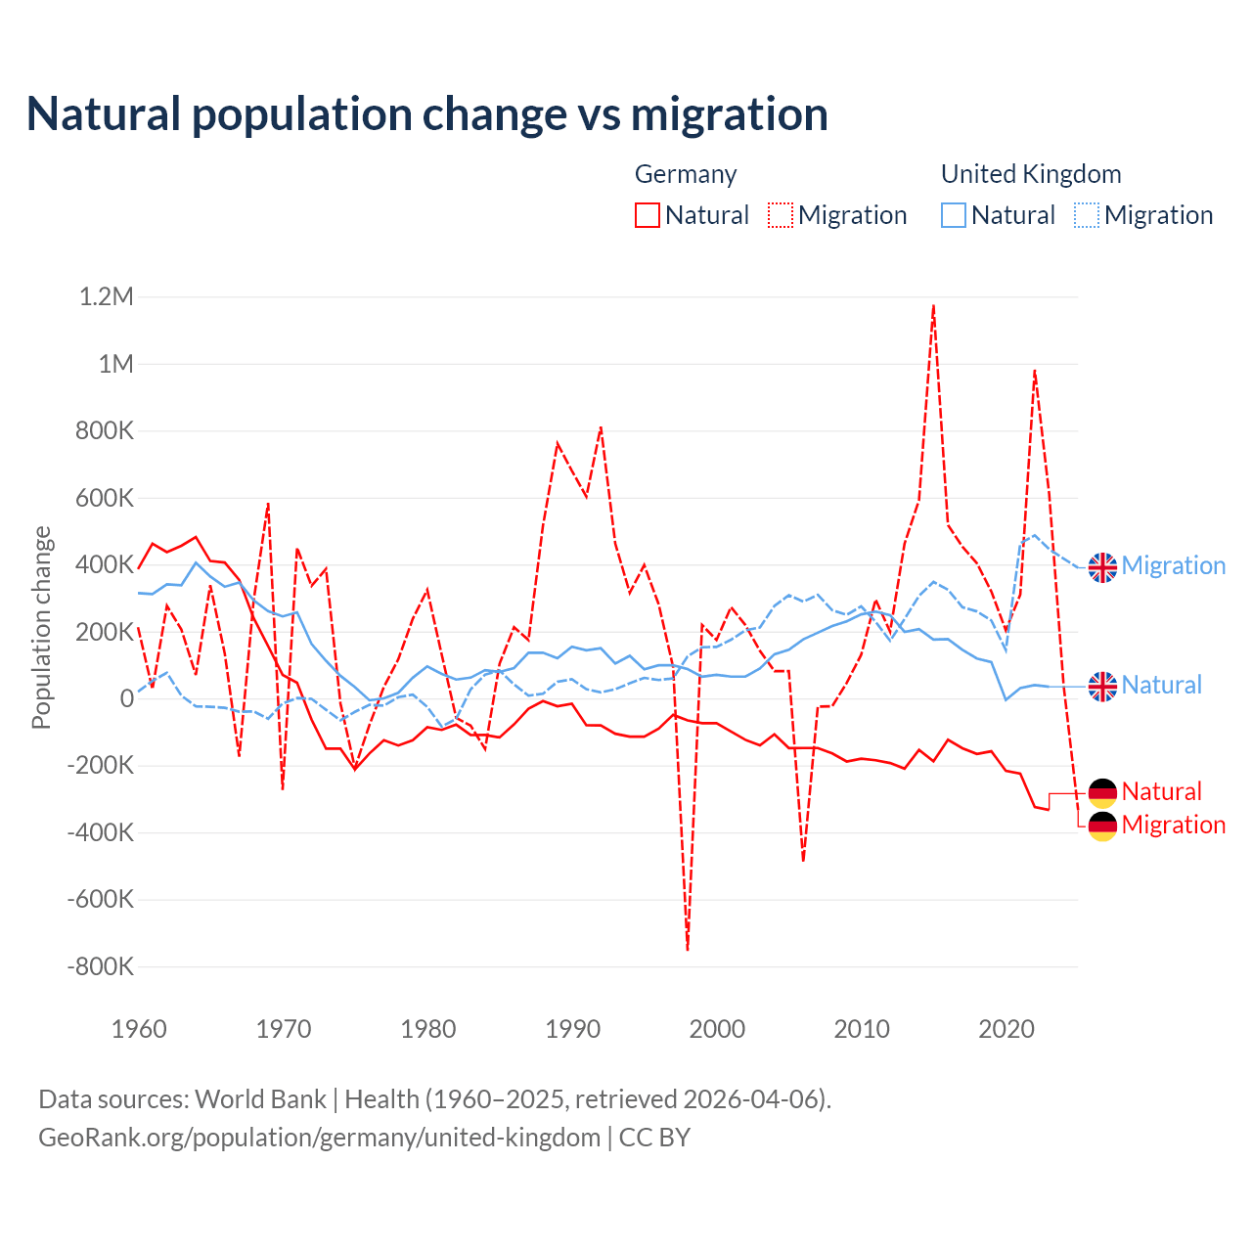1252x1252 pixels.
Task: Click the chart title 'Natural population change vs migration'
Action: click(427, 114)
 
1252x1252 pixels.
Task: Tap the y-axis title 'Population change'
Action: click(41, 628)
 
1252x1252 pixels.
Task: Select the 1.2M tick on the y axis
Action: click(106, 297)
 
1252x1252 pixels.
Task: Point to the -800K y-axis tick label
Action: click(100, 967)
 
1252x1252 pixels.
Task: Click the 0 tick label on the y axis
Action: click(127, 699)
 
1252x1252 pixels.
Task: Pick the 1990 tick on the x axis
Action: click(573, 1029)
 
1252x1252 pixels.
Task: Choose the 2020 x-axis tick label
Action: click(1006, 1029)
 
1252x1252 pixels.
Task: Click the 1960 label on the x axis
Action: click(140, 1029)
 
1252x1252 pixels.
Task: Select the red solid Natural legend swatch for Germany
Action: click(648, 215)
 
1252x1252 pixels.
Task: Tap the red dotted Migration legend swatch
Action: click(781, 215)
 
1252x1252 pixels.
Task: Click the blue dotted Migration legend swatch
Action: click(1087, 215)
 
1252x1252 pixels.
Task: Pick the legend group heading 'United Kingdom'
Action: click(1031, 174)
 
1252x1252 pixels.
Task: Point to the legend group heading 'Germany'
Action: click(686, 174)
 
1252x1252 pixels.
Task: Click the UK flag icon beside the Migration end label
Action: click(1102, 566)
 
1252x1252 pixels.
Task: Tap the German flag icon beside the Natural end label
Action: click(1102, 792)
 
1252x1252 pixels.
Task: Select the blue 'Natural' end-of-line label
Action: click(1161, 686)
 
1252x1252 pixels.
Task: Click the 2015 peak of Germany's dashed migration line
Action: click(934, 305)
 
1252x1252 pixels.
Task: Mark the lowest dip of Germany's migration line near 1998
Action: click(688, 949)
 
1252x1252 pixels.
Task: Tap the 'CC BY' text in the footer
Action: click(654, 1138)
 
